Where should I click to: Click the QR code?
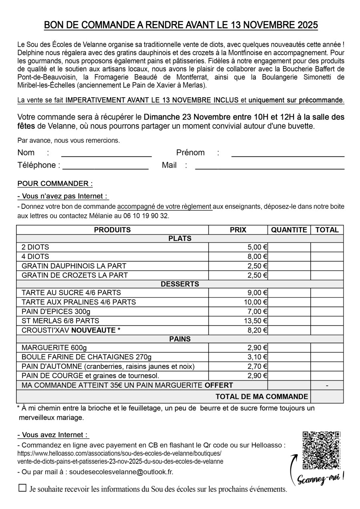tap(321, 450)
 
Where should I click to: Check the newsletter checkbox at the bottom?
tap(22, 488)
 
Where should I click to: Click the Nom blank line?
tap(106, 155)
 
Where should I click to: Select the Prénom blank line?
tap(288, 155)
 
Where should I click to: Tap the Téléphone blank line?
tap(105, 168)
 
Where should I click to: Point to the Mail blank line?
tap(269, 168)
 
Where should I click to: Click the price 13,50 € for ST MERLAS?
tap(256, 321)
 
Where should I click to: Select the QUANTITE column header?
tap(289, 230)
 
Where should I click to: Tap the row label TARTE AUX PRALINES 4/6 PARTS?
tap(78, 302)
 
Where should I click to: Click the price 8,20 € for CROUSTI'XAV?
tap(258, 330)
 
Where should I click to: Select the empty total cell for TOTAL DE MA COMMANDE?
tap(327, 397)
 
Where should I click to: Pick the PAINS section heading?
tap(180, 339)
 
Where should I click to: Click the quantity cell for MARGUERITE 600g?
tap(289, 348)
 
